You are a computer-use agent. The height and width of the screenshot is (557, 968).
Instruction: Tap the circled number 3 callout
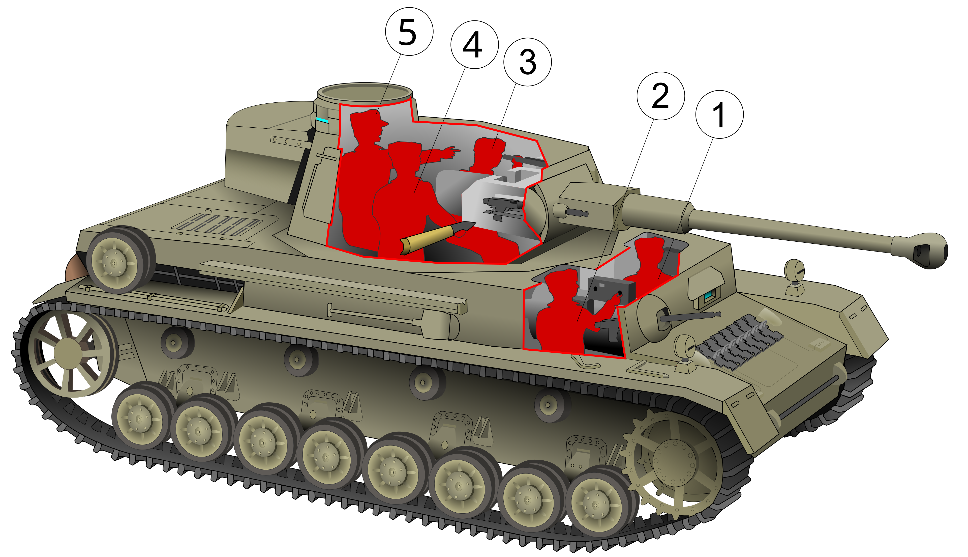coord(527,62)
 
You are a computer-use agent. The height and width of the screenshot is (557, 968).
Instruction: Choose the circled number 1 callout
coord(719,114)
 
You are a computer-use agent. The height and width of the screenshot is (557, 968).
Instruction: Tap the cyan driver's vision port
coord(708,295)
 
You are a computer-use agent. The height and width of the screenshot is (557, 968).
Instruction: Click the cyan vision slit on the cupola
coord(322,120)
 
